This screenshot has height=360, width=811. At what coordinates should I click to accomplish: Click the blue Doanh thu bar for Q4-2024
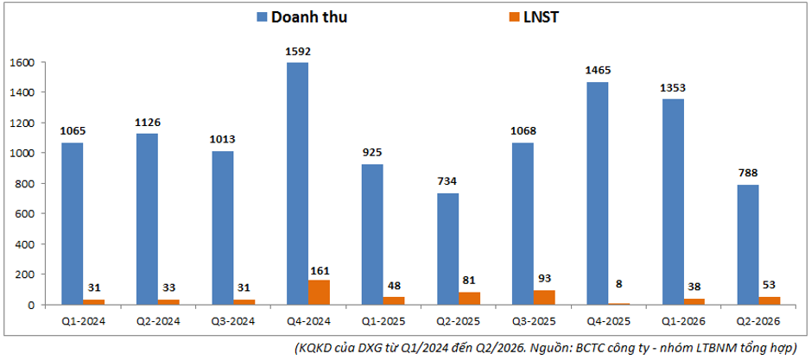[297, 184]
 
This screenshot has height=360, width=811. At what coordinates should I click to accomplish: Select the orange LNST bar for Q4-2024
[319, 293]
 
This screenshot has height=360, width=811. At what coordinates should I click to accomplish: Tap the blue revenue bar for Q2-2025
[447, 249]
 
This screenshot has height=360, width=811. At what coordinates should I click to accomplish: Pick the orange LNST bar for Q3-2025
[545, 298]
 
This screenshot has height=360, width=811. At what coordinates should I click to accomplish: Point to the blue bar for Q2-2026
[748, 244]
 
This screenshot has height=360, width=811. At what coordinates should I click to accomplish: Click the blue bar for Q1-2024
[72, 224]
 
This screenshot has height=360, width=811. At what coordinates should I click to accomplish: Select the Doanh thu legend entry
[301, 17]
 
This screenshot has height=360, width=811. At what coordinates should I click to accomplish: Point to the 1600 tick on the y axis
[22, 62]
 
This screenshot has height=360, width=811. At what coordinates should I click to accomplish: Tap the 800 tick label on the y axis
[25, 184]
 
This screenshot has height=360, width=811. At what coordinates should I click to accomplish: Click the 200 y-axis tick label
[25, 275]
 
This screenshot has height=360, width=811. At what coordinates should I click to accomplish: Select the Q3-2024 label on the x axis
[233, 321]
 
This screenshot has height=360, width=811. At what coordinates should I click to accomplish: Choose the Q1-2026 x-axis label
[685, 321]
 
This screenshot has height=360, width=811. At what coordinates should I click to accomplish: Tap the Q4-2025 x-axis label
[609, 321]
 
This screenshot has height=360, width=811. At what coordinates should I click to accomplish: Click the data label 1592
[297, 52]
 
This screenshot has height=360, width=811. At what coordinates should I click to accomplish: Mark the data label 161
[319, 270]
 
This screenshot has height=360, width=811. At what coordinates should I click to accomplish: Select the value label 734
[447, 181]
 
